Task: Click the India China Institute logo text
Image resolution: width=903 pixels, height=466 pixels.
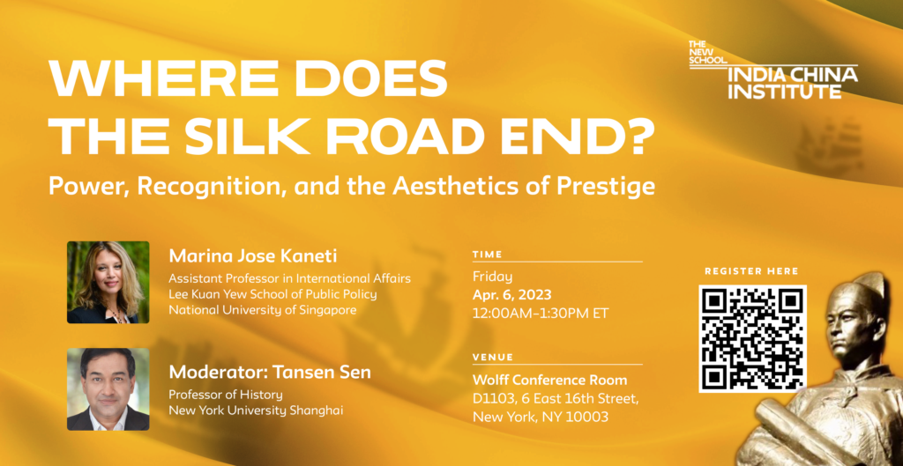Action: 793,82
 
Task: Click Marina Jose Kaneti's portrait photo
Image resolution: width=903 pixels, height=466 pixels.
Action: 108,282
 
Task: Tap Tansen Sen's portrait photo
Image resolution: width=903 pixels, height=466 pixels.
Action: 108,388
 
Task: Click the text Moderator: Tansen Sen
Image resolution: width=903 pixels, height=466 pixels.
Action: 270,372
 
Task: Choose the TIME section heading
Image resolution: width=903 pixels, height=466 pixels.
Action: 487,255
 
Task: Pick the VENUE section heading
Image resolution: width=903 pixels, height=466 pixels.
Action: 493,358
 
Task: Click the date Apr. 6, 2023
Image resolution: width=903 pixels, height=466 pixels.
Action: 512,295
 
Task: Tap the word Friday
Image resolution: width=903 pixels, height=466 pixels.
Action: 492,277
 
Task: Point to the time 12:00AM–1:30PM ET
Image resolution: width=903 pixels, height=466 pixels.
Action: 541,314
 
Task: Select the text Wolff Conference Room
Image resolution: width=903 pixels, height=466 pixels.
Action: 550,381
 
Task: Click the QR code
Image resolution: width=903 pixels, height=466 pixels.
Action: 752,339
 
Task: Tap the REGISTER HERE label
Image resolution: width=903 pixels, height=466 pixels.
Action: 751,271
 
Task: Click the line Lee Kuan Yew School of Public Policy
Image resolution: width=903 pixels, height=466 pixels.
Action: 273,294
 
